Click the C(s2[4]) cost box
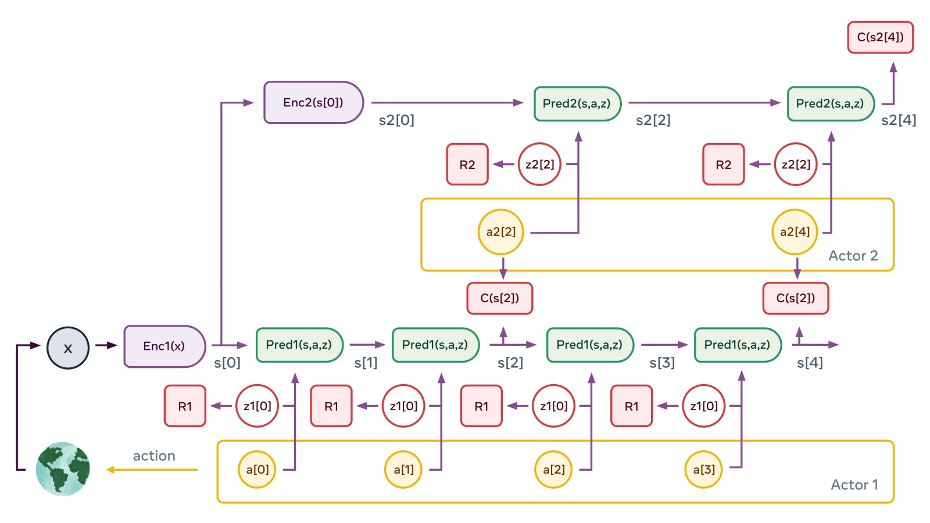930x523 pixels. click(880, 37)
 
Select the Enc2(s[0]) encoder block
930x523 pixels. click(313, 102)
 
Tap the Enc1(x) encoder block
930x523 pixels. click(164, 346)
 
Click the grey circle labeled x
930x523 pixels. click(68, 348)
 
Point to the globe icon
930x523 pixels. click(63, 469)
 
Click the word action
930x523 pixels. click(154, 456)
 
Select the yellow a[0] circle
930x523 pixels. click(257, 469)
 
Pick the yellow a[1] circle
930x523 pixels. click(403, 469)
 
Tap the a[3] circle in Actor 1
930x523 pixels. click(704, 469)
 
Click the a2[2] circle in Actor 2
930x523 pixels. click(501, 232)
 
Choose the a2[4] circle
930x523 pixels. click(795, 232)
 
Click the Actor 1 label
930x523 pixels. click(854, 485)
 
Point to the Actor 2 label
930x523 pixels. click(853, 256)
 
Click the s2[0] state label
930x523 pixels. click(396, 120)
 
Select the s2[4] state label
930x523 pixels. click(899, 120)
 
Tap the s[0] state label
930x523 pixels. click(227, 363)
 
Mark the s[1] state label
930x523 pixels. click(366, 363)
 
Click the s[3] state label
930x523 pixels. click(662, 363)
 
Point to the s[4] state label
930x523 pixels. click(810, 363)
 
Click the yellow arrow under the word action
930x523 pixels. click(152, 470)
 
